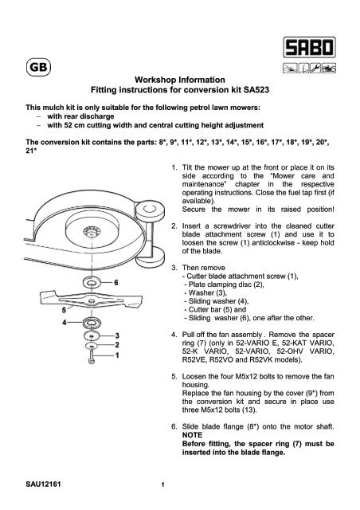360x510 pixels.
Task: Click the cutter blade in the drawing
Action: click(72, 299)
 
